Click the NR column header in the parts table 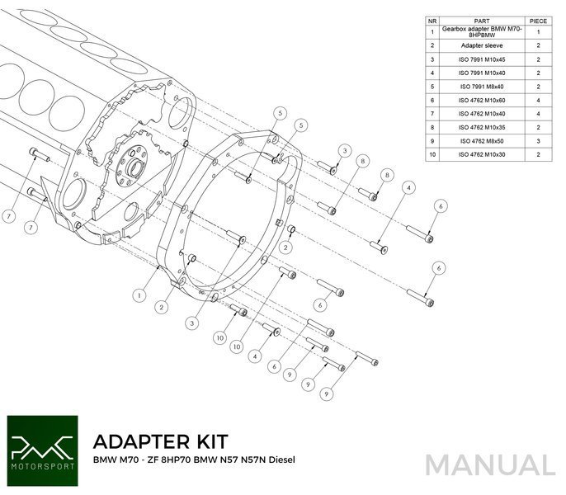tap(432, 20)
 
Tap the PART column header tap(483, 20)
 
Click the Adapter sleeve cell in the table tap(483, 46)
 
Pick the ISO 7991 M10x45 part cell tap(483, 59)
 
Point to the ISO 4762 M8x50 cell tap(483, 141)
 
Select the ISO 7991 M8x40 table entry tap(483, 87)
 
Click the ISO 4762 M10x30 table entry tap(483, 155)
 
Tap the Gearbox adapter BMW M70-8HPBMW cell tap(483, 32)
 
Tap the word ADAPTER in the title tap(142, 441)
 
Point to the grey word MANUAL tap(490, 464)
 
